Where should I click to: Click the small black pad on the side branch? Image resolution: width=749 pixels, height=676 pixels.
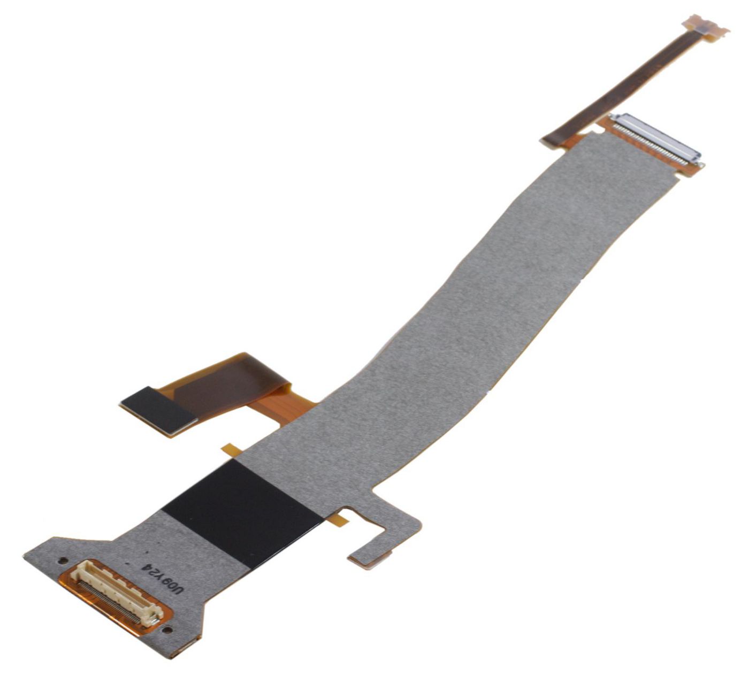coord(158,409)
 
